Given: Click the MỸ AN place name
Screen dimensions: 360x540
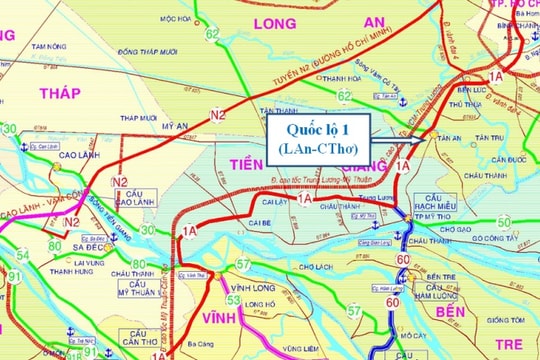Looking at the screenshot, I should [x=176, y=127].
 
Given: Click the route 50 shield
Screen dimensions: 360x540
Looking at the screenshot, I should [x=505, y=221].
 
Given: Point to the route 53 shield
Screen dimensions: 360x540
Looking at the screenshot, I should [x=234, y=299].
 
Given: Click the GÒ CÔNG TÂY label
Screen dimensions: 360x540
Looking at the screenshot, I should [x=508, y=239].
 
